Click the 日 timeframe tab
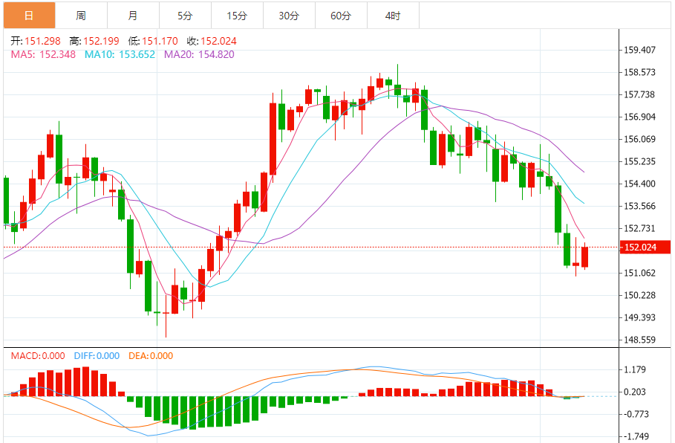click(x=29, y=16)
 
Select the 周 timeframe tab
click(x=81, y=16)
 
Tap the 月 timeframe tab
click(x=133, y=16)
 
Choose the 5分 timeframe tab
click(x=185, y=16)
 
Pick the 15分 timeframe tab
click(x=237, y=16)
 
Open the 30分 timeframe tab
click(x=289, y=16)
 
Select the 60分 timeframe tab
click(x=341, y=16)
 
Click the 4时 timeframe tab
click(x=393, y=16)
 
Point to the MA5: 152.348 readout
click(x=43, y=54)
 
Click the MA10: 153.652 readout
click(x=120, y=54)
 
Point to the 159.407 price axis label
click(x=640, y=51)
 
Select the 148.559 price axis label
click(x=640, y=340)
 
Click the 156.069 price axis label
click(x=640, y=139)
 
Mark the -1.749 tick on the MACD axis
click(x=637, y=436)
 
